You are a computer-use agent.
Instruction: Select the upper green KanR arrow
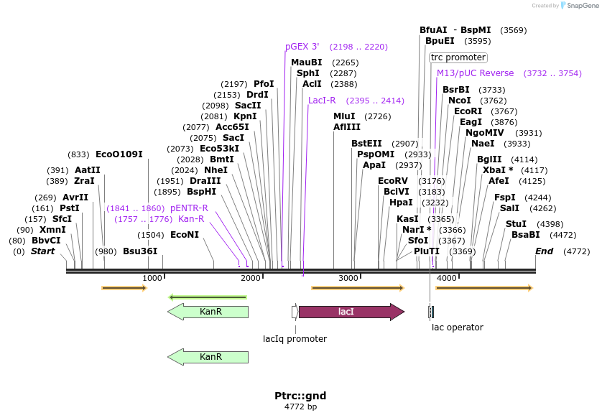[208, 312]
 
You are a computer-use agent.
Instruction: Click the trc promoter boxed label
[458, 57]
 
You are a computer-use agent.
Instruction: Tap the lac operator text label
[457, 328]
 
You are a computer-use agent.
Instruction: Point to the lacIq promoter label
[295, 339]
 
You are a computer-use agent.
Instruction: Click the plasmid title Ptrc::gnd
[300, 396]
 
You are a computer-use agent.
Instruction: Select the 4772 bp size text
[300, 407]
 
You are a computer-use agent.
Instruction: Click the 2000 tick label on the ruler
[250, 278]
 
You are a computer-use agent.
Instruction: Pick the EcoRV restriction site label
[393, 181]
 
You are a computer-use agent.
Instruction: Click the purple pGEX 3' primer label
[302, 47]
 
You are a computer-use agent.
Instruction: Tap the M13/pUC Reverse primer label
[476, 73]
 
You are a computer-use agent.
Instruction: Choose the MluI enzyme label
[344, 116]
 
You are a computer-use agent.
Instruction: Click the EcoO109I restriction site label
[119, 154]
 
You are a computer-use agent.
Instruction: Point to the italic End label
[545, 251]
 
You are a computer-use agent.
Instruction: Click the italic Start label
[42, 251]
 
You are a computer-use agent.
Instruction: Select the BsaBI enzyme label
[525, 235]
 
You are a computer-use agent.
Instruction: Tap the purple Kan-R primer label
[191, 219]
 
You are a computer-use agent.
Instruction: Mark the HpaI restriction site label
[401, 203]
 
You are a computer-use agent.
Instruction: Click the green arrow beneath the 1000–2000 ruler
[208, 297]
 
